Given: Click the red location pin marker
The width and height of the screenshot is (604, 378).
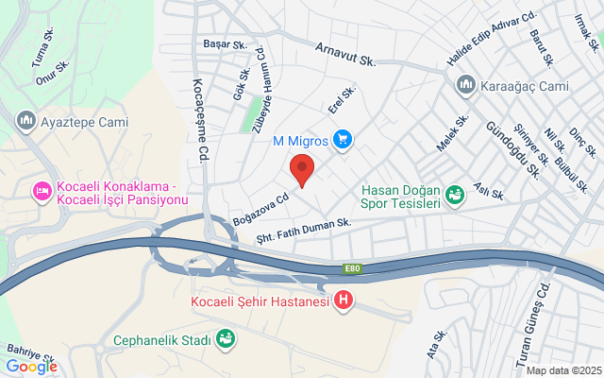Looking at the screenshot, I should [301, 169].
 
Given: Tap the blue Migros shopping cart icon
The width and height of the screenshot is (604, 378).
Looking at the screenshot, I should [343, 140].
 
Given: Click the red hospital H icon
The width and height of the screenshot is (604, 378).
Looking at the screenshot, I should [344, 301].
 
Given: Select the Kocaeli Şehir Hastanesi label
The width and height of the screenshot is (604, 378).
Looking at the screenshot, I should [260, 301].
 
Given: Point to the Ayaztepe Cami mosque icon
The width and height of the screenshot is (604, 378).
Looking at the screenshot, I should [25, 121].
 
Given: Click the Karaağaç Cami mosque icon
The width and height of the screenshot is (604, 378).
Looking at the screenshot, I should [464, 86].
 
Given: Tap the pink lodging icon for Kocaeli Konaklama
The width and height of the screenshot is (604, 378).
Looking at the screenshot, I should [42, 192].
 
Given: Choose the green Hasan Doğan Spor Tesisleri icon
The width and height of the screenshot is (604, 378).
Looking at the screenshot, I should [456, 195].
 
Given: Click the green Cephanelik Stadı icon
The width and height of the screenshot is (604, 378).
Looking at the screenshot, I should [226, 337].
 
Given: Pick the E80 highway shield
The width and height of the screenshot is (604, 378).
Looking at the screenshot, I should [352, 269].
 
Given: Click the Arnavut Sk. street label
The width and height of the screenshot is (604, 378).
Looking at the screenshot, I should [345, 54].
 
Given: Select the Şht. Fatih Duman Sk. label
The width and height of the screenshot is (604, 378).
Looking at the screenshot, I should [304, 231].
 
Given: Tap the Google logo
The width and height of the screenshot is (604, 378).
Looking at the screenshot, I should [31, 367].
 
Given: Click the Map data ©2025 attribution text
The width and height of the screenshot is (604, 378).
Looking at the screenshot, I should [562, 369].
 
